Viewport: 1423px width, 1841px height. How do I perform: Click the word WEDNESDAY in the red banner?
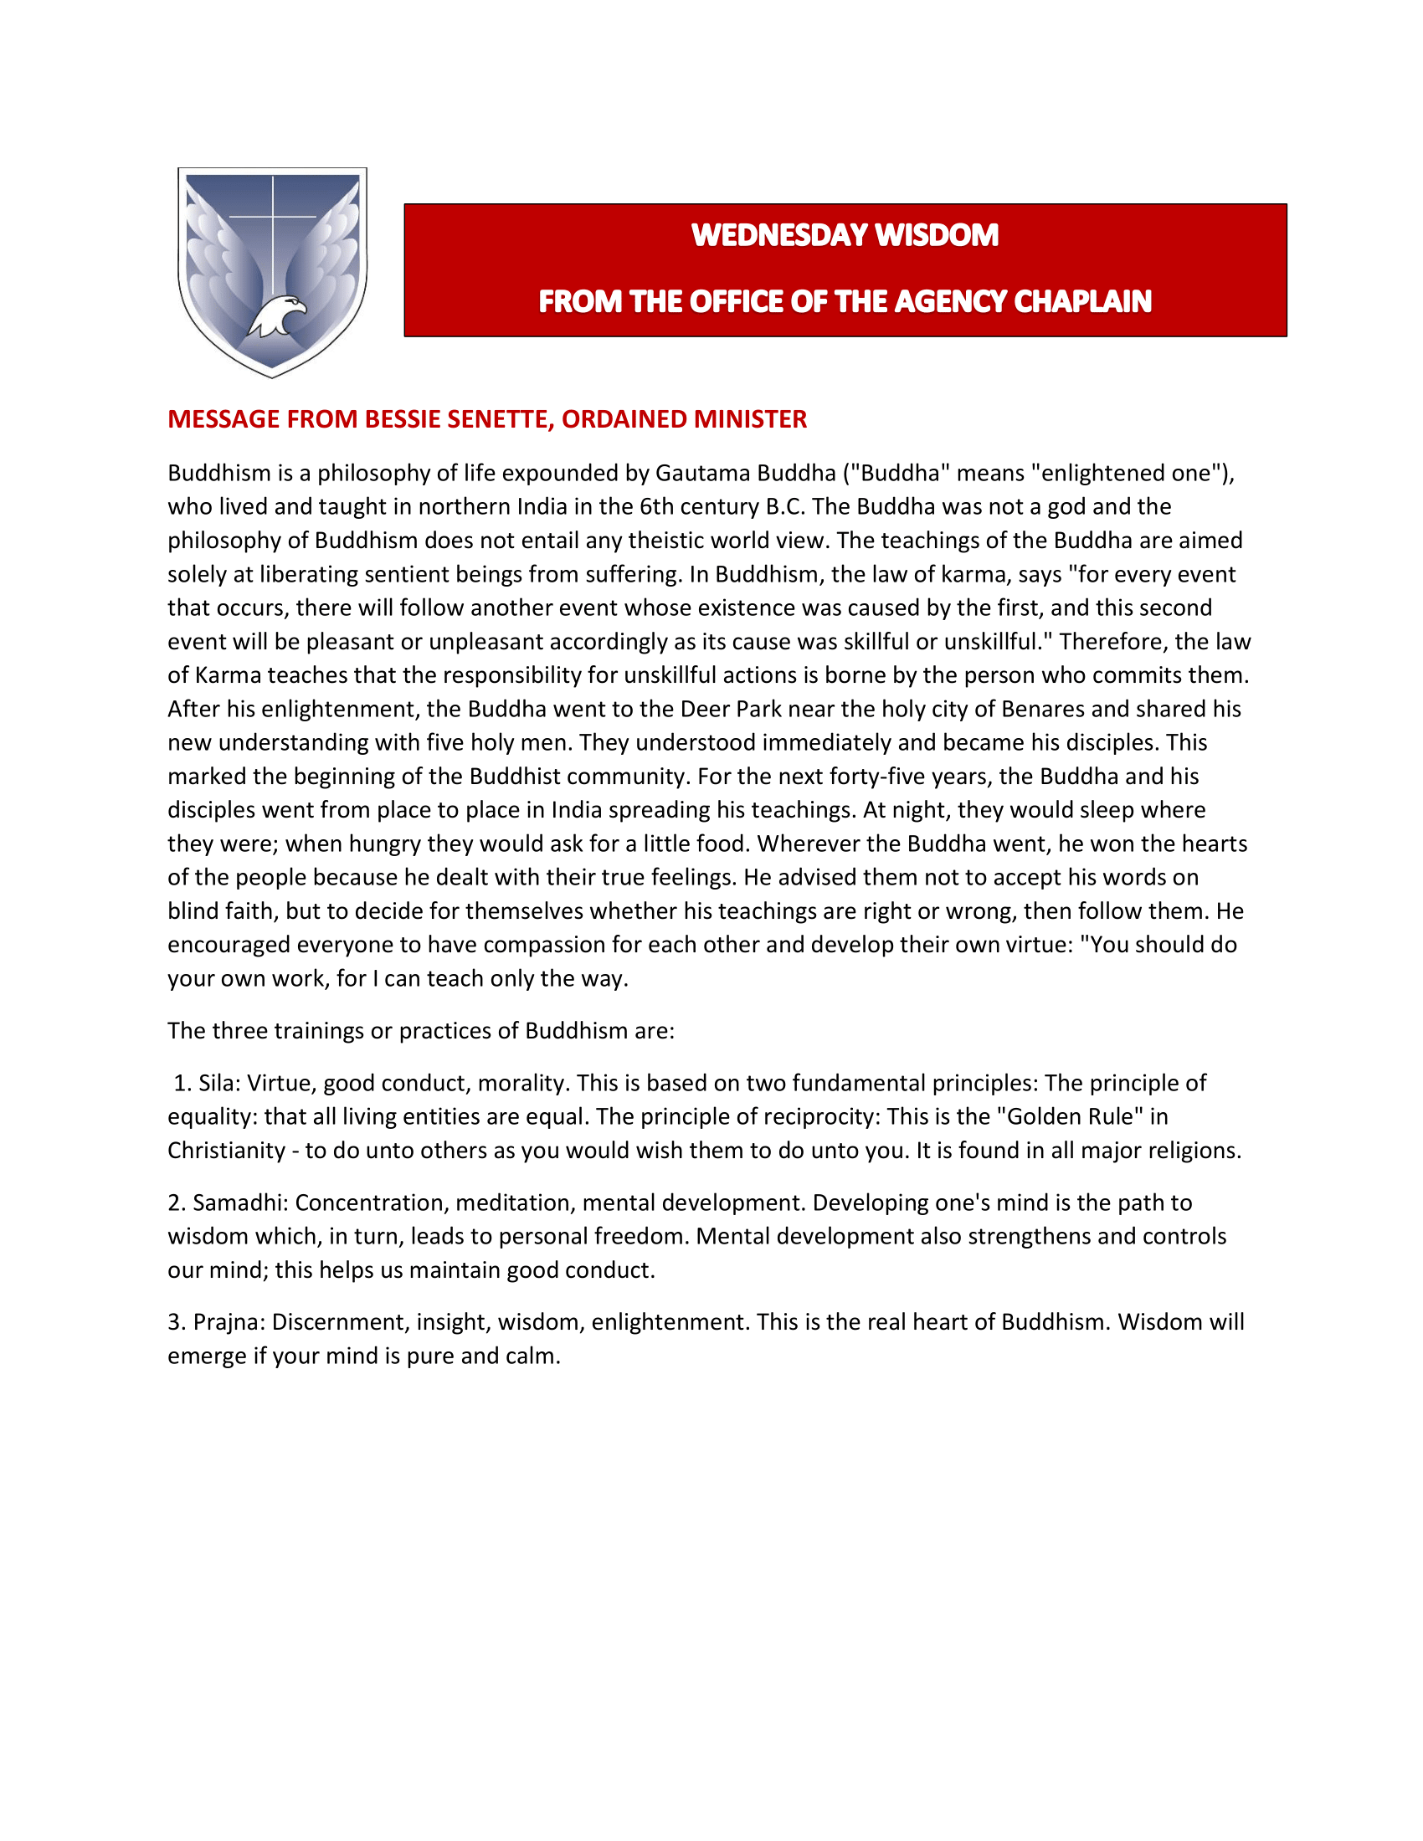click(768, 235)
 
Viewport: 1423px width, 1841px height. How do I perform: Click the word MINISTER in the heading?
click(756, 419)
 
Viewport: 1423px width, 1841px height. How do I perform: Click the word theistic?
click(643, 541)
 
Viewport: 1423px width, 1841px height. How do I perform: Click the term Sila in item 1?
click(217, 1083)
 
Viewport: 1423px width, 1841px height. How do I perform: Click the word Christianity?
click(227, 1151)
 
